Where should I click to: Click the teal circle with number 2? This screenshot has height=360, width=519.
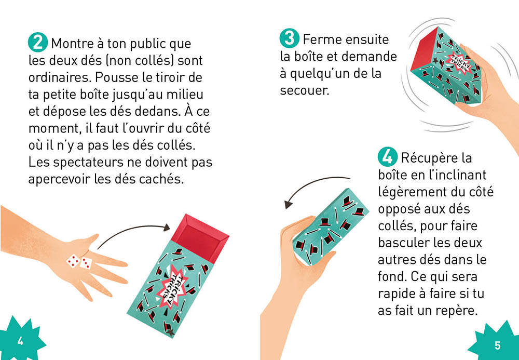point(38,42)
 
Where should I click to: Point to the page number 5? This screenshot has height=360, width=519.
point(497,345)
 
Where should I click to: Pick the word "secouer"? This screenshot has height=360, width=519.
point(305,90)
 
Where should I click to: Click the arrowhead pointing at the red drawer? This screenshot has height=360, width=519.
point(167,226)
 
